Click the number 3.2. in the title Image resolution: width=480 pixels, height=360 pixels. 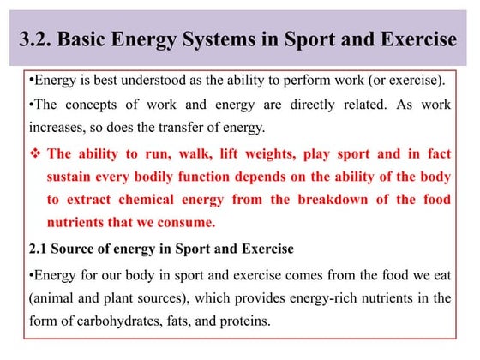[x=39, y=39]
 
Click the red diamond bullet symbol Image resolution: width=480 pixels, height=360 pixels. [x=34, y=154]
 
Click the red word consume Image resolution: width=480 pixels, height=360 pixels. [x=186, y=222]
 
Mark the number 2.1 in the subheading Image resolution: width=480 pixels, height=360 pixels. [x=37, y=249]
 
